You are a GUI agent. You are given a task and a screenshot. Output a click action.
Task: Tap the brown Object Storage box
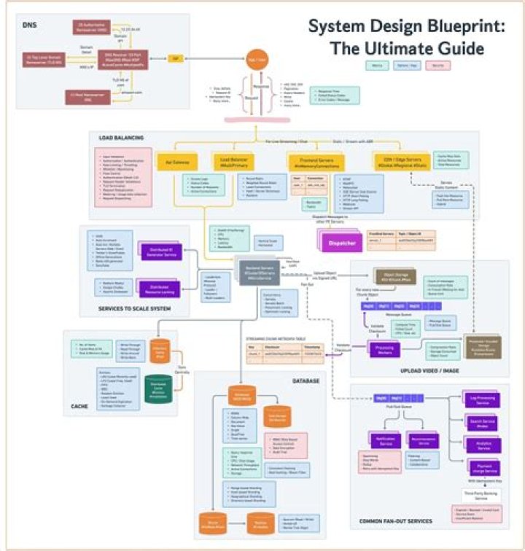click(389, 276)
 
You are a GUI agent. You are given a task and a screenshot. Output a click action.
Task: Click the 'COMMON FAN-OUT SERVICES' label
click(397, 520)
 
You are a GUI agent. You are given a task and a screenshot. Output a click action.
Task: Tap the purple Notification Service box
click(386, 442)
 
